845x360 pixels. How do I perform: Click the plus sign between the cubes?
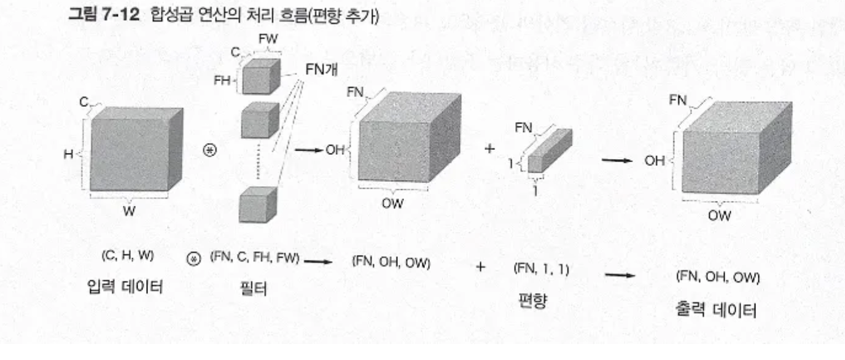pos(489,149)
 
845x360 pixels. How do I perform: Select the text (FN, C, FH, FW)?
pos(254,258)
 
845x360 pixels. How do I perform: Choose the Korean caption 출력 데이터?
pos(717,310)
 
